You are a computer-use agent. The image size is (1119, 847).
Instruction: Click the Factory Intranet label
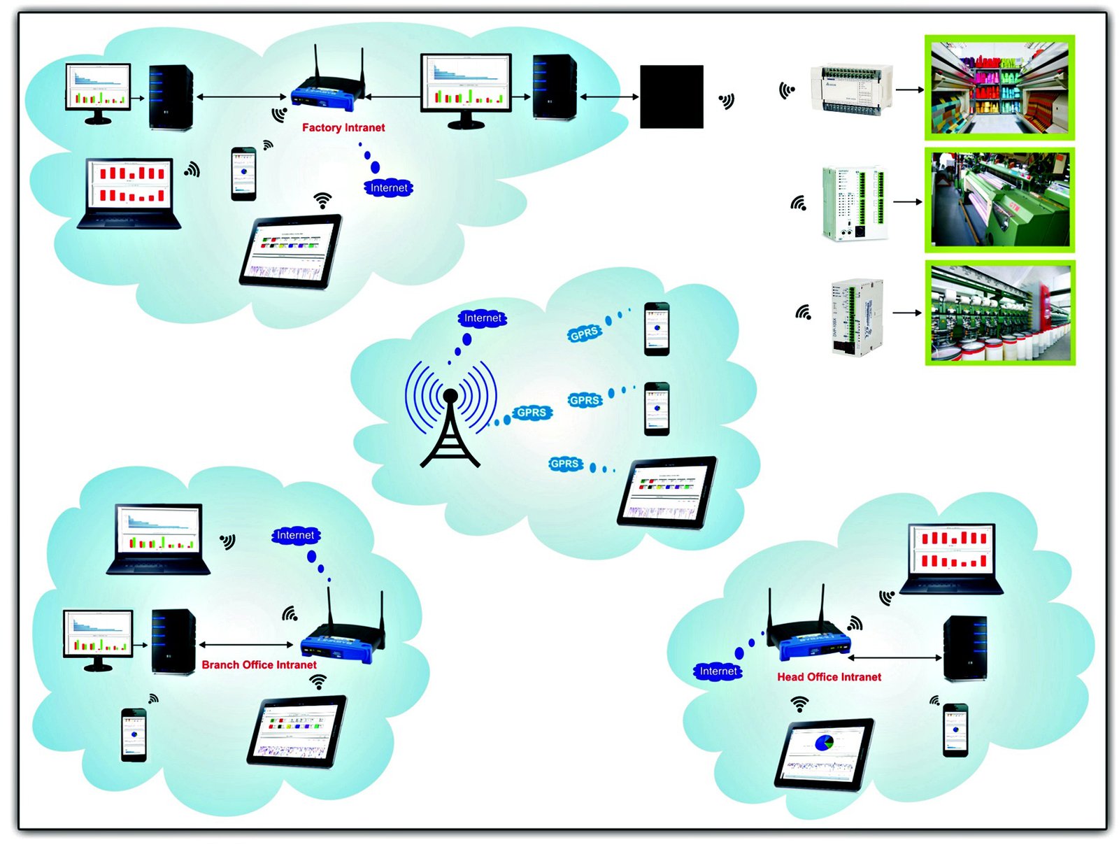[343, 127]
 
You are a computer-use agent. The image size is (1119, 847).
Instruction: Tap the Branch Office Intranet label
[259, 664]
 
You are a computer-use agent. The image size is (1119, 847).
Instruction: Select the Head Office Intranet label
[829, 676]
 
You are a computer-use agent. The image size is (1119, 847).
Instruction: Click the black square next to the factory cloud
[671, 97]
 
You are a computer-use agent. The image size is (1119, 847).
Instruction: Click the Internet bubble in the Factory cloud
[389, 187]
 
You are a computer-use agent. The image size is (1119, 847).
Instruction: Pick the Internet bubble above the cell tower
[483, 318]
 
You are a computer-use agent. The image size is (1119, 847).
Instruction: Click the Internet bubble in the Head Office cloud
[718, 671]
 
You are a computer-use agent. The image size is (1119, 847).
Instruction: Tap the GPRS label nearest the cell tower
[532, 413]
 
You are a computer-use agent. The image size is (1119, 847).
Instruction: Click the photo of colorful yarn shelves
[999, 87]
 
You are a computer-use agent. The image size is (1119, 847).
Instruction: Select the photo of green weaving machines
[999, 200]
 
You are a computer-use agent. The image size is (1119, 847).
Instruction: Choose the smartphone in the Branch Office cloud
[134, 734]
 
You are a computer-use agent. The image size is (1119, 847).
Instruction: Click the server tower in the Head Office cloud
[965, 648]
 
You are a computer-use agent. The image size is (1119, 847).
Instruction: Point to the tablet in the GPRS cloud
[667, 492]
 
